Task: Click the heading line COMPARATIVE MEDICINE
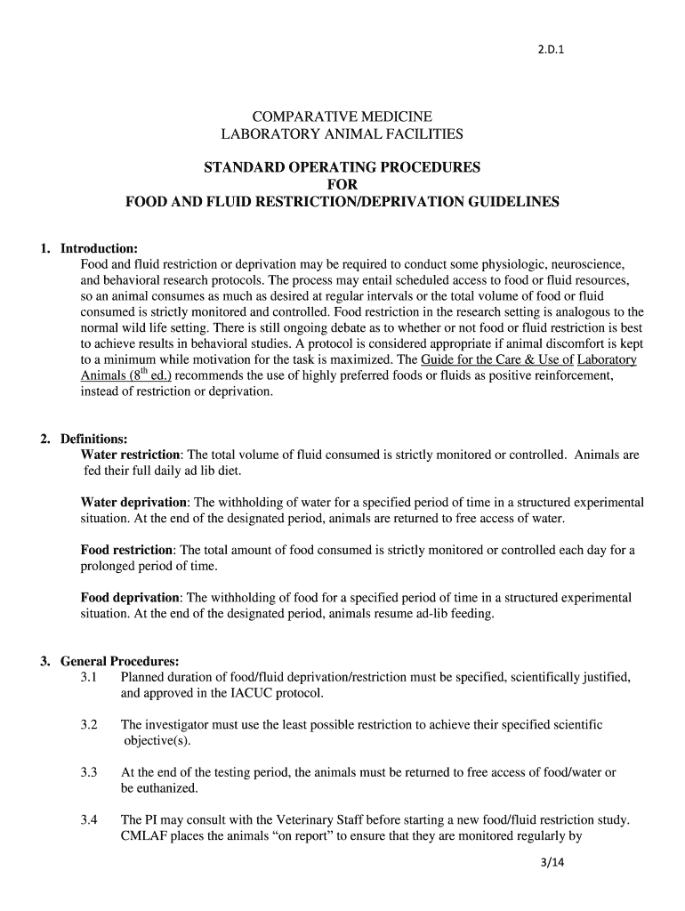pyautogui.click(x=342, y=117)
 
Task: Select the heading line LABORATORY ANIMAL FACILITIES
pyautogui.click(x=342, y=134)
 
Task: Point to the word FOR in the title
pyautogui.click(x=342, y=184)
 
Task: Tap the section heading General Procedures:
pyautogui.click(x=120, y=661)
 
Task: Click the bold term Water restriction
pyautogui.click(x=131, y=455)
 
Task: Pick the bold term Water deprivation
pyautogui.click(x=134, y=503)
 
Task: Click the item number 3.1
pyautogui.click(x=87, y=677)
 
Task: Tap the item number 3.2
pyautogui.click(x=87, y=725)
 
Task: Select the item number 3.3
pyautogui.click(x=87, y=772)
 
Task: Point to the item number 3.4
pyautogui.click(x=87, y=819)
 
